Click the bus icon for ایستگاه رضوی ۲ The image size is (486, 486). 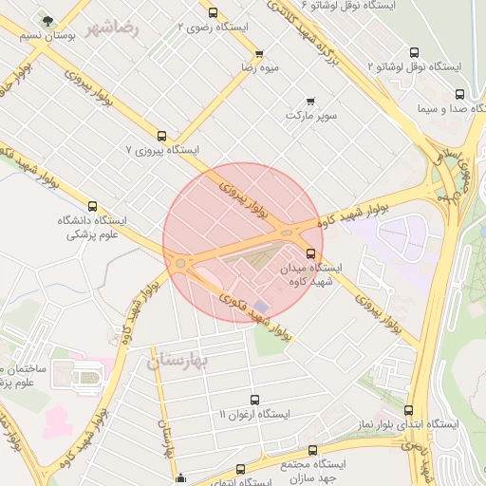212,13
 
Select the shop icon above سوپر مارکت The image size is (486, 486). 310,101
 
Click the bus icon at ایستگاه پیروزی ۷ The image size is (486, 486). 161,136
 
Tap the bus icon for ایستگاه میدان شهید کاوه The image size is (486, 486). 311,252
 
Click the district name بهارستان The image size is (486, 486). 184,361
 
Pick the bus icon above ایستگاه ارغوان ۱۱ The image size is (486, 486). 253,400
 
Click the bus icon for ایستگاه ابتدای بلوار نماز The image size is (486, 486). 408,410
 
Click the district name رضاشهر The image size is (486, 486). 112,28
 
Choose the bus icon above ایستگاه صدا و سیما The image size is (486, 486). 460,94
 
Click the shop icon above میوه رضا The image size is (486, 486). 259,53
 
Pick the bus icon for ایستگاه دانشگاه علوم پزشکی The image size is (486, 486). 92,206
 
